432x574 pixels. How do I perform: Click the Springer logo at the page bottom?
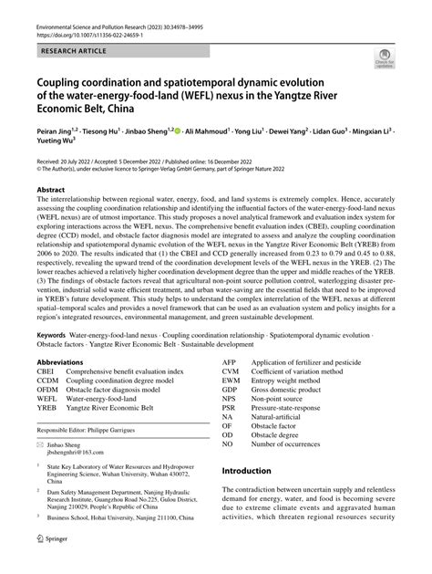53,565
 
